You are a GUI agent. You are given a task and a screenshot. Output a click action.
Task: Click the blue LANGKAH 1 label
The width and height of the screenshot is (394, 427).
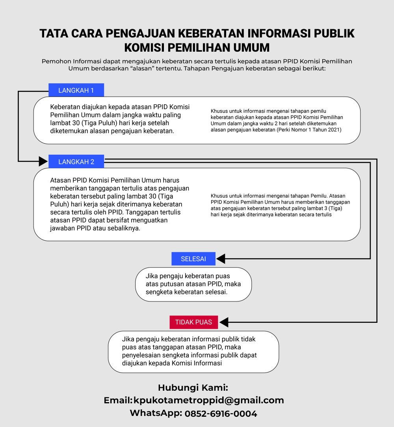(76, 90)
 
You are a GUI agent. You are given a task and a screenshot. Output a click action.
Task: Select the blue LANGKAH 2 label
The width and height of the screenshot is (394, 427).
(76, 161)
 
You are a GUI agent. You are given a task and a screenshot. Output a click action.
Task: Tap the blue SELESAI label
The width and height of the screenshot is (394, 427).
(193, 259)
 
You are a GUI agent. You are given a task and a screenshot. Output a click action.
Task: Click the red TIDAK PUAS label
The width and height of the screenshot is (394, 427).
(193, 322)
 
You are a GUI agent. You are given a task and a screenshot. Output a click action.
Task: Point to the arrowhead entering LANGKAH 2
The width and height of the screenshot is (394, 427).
(43, 161)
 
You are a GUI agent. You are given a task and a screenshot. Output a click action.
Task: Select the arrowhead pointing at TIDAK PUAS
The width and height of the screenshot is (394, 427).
(223, 322)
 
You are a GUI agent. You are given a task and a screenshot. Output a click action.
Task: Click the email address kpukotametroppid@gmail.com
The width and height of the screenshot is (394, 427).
(208, 400)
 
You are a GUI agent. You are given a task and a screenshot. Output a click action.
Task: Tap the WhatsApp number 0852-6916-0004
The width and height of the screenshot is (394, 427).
(221, 414)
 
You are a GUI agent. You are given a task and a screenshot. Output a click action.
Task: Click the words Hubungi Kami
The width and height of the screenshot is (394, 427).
(193, 387)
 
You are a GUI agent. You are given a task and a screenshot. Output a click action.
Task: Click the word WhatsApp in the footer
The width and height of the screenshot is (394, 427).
(156, 414)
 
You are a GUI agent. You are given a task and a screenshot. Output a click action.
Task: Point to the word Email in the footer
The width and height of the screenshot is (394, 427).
(117, 400)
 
